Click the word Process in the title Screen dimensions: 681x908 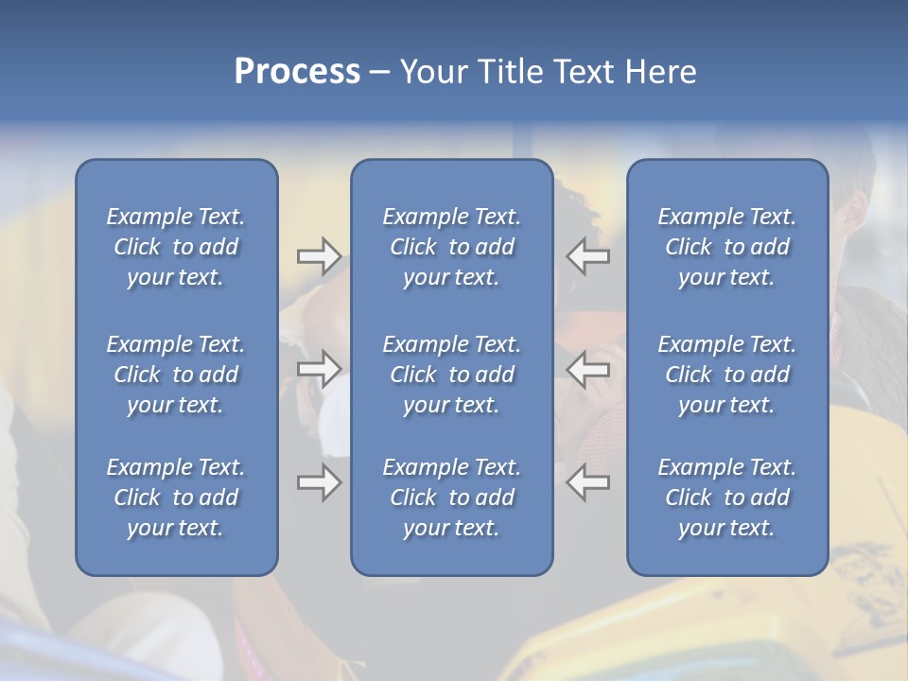pos(297,72)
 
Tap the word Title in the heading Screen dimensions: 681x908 pos(509,72)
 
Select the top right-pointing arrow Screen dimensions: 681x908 pos(319,255)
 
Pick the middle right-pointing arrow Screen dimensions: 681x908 pos(319,369)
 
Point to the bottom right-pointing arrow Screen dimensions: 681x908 pos(319,482)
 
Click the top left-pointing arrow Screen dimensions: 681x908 pos(588,255)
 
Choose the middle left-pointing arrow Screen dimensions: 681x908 pos(588,369)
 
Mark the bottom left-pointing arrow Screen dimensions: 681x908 pos(588,482)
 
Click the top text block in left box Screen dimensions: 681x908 pos(176,247)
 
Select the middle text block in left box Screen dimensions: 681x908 pos(176,375)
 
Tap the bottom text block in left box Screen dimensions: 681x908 pos(176,498)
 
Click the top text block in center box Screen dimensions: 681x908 pos(451,247)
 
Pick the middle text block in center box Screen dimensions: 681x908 pos(451,375)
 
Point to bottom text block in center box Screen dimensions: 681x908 pos(451,498)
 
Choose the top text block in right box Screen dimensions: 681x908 pos(726,247)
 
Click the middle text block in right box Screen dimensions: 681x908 pos(726,375)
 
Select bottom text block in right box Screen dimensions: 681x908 pos(726,498)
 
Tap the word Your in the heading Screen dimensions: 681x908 pos(435,72)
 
